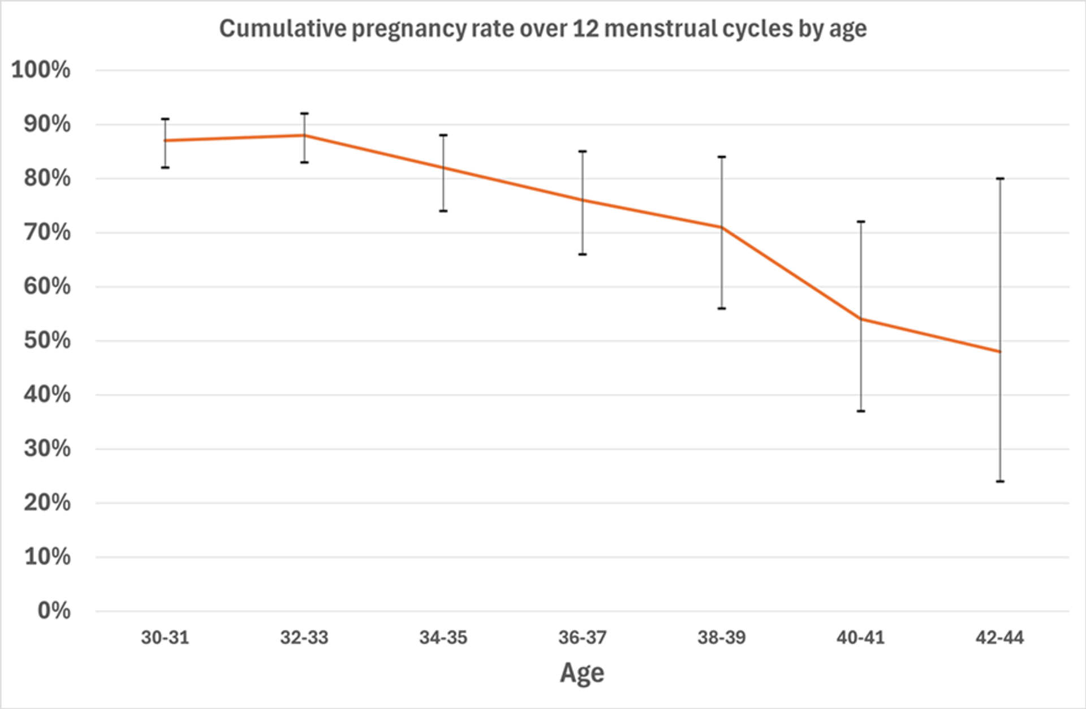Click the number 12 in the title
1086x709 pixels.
click(x=585, y=28)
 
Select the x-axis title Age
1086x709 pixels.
click(x=582, y=673)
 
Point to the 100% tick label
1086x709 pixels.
click(x=41, y=70)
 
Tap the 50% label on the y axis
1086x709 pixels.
click(x=47, y=340)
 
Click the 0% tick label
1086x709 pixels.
click(x=54, y=611)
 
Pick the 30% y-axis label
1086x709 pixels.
click(x=47, y=449)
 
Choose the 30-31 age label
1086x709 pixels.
click(x=165, y=638)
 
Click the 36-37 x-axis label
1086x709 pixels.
click(x=582, y=638)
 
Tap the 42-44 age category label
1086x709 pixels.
click(x=999, y=638)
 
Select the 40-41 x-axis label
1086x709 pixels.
click(x=860, y=638)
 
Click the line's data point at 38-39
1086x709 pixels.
click(x=722, y=227)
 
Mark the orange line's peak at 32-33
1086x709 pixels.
click(x=304, y=135)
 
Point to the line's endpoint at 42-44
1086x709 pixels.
click(x=999, y=352)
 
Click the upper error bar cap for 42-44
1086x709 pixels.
click(x=999, y=179)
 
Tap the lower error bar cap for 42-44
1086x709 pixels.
click(x=999, y=481)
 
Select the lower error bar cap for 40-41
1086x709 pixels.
click(x=861, y=411)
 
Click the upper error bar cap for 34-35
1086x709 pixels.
click(x=443, y=135)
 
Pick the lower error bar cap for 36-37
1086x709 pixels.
click(x=583, y=254)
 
